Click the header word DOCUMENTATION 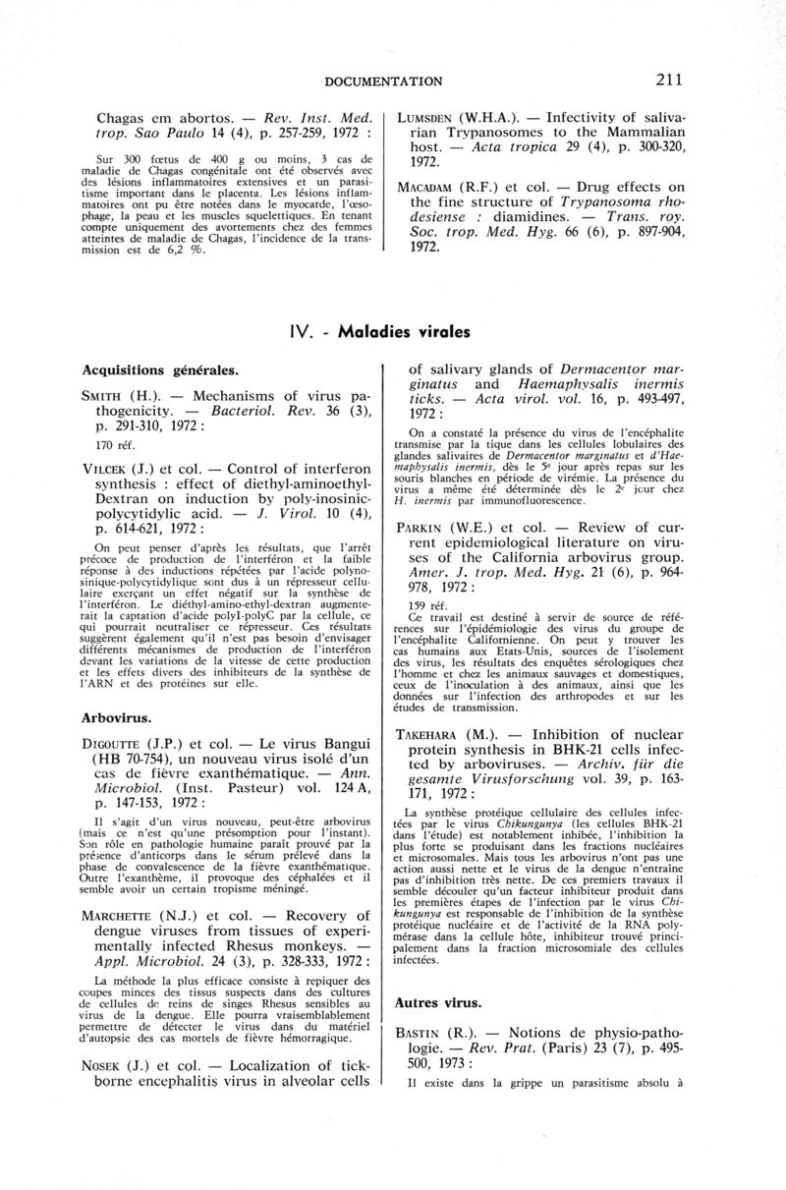click(383, 81)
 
